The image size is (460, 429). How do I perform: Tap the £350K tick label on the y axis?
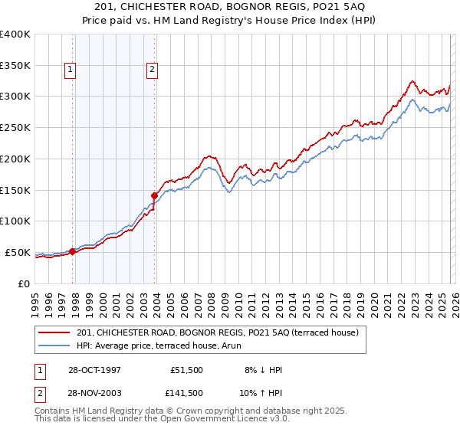click(x=15, y=65)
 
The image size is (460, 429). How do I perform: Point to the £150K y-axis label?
click(x=15, y=190)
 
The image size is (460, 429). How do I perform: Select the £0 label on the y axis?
click(x=23, y=283)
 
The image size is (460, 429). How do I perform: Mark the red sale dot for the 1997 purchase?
click(x=73, y=251)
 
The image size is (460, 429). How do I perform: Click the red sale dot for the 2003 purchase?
click(x=155, y=195)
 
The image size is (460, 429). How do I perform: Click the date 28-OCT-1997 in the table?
click(x=94, y=370)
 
